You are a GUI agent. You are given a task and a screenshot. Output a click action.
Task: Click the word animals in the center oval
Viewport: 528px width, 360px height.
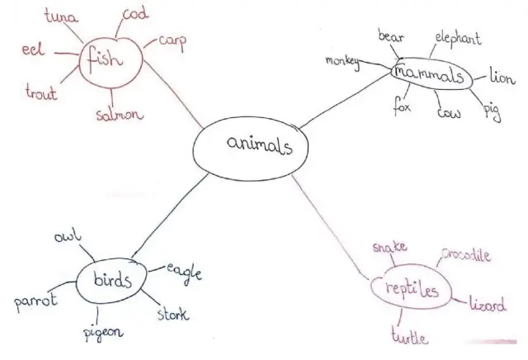(x=260, y=145)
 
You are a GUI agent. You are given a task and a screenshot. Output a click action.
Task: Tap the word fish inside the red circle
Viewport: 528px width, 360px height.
(x=105, y=59)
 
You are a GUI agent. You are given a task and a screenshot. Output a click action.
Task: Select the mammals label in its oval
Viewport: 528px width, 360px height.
(x=429, y=74)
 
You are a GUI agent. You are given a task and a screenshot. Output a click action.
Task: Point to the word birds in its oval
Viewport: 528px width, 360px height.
(x=112, y=279)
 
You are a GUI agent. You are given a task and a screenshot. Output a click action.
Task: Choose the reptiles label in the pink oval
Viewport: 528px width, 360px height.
(x=412, y=290)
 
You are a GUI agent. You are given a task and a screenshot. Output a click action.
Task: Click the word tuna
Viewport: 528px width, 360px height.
(x=61, y=16)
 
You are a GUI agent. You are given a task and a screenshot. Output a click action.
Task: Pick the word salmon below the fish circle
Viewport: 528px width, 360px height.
(x=120, y=115)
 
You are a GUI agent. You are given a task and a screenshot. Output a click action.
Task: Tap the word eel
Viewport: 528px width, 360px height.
(x=33, y=50)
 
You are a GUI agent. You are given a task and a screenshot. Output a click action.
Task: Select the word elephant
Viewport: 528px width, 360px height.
(x=458, y=39)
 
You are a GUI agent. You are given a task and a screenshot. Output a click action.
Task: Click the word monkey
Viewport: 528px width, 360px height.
(x=342, y=62)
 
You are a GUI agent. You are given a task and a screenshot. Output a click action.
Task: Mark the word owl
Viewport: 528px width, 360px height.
(x=68, y=235)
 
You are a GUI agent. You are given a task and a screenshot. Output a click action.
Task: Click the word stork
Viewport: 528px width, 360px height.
(x=173, y=314)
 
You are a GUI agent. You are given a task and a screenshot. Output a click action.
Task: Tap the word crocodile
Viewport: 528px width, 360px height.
(x=466, y=255)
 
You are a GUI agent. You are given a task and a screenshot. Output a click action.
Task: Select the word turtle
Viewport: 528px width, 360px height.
(x=410, y=336)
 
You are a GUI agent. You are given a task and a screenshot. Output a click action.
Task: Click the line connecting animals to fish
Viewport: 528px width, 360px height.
(x=172, y=95)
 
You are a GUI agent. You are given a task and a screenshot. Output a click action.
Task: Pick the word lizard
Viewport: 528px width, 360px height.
(x=488, y=304)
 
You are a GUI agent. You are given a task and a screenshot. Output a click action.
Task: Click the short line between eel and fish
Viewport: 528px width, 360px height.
(x=67, y=54)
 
